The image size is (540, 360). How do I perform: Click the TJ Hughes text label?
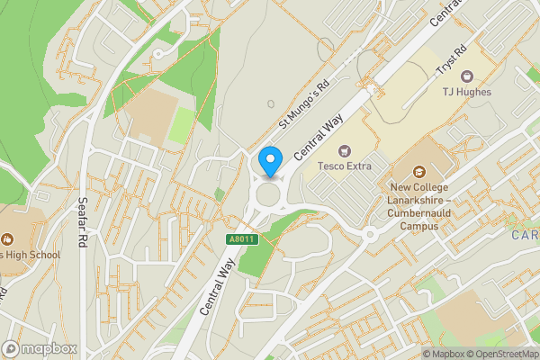point(466,91)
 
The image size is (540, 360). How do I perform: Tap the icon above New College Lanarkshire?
point(419,171)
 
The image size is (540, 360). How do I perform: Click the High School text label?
point(27,255)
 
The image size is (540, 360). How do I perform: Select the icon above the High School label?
point(7,238)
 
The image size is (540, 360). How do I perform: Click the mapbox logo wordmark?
point(40,348)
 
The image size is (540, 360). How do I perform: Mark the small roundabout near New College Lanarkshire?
point(370,235)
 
